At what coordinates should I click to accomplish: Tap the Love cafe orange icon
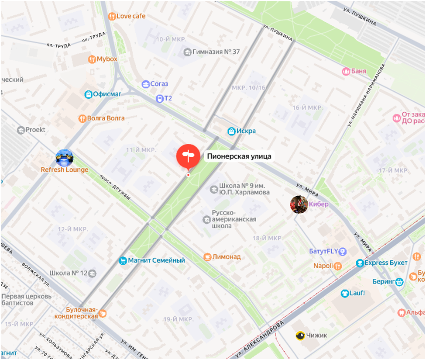112,16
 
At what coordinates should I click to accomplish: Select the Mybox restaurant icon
92,59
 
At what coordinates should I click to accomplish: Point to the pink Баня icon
346,71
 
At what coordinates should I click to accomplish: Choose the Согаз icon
145,84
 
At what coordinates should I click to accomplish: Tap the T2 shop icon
159,98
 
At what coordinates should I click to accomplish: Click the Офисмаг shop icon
89,94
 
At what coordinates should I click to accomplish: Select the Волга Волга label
106,118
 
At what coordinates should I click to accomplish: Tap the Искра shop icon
231,131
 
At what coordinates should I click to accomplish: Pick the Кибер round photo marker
299,204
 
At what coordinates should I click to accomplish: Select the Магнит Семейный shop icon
123,261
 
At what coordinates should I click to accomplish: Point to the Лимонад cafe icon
208,257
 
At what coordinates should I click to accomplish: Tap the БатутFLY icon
343,252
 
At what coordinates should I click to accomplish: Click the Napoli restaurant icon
338,266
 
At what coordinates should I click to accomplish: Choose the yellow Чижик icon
300,336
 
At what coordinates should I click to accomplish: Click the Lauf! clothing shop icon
344,293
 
